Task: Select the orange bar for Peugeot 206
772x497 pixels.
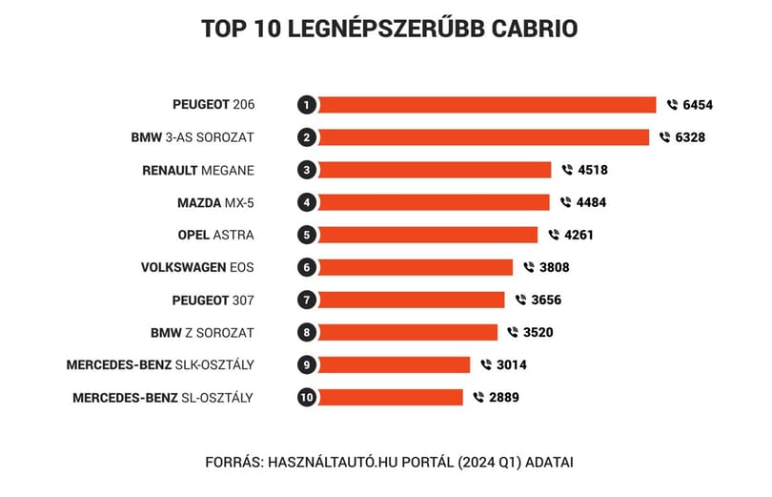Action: [487, 105]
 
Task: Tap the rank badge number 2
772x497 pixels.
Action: [307, 137]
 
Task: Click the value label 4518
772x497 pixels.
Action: [593, 170]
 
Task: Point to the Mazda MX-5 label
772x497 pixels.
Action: [215, 203]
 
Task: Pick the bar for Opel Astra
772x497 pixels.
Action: [428, 235]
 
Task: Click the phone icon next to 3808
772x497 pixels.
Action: [529, 267]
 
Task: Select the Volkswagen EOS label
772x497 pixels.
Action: [197, 267]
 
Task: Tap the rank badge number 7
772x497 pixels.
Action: [307, 300]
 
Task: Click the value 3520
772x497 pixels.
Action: [538, 333]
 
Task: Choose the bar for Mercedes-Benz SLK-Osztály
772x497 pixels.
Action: [394, 365]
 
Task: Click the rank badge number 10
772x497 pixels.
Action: [307, 398]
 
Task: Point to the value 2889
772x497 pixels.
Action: [504, 398]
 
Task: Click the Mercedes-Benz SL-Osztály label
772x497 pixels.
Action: [163, 398]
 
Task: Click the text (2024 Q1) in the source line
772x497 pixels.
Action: [489, 463]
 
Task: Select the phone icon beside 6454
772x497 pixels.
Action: [672, 104]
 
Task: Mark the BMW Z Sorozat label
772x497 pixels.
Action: [202, 333]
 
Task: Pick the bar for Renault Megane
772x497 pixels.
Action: [435, 170]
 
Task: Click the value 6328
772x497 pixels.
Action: [690, 137]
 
